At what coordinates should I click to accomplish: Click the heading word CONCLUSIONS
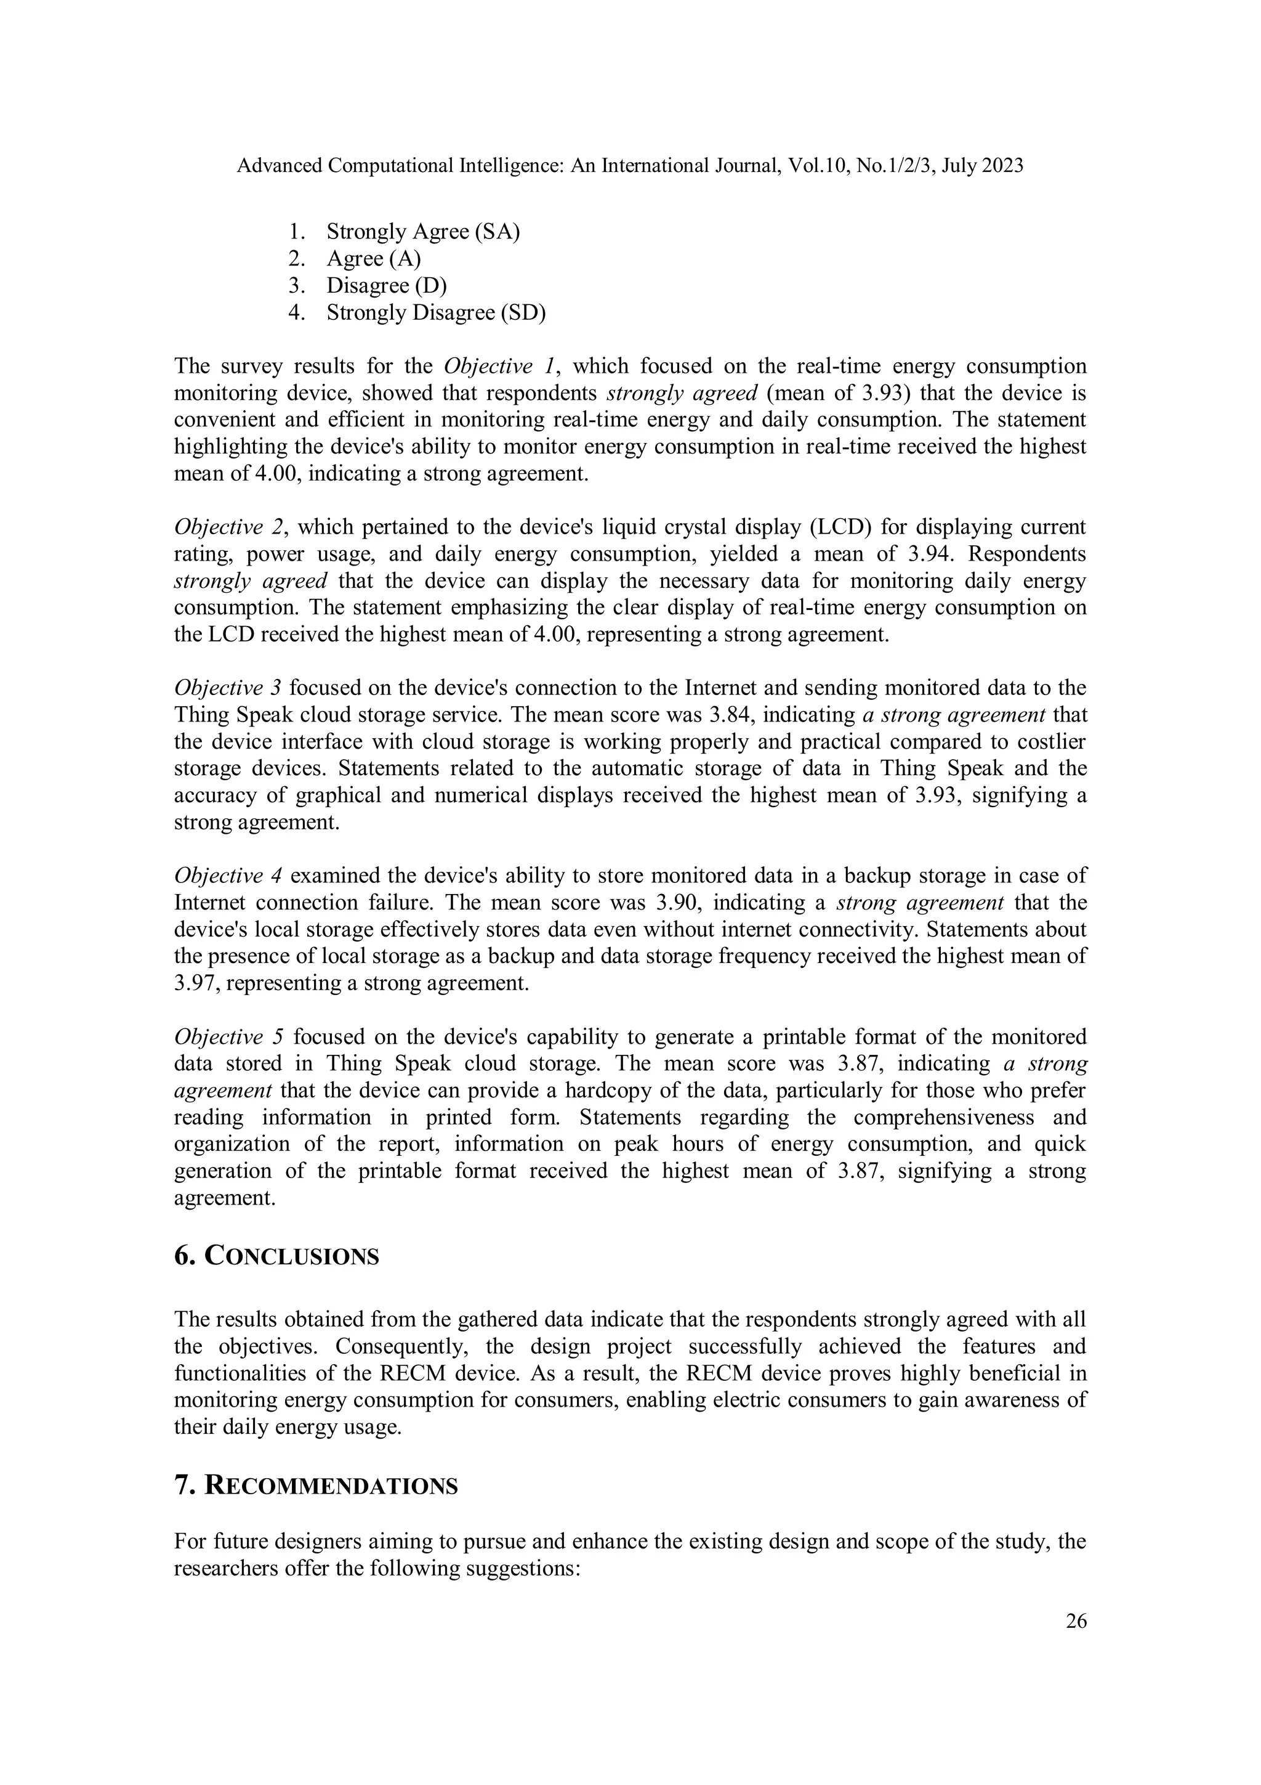click(x=291, y=1257)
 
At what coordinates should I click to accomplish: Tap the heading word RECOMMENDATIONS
click(x=330, y=1486)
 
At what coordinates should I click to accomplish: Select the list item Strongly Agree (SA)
click(x=422, y=232)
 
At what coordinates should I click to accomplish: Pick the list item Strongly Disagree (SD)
click(x=436, y=312)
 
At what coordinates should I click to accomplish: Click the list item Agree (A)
click(x=373, y=259)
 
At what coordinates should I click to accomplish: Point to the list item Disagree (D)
click(x=386, y=285)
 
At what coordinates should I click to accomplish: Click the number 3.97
click(x=193, y=983)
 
